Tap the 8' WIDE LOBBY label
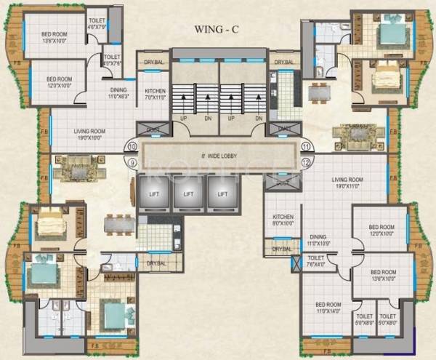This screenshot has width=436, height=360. tap(220, 156)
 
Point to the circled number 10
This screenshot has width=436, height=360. tap(132, 146)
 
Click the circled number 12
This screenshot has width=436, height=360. tap(307, 162)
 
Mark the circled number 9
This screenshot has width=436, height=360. tap(132, 162)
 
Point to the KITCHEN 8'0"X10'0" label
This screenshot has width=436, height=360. tap(283, 220)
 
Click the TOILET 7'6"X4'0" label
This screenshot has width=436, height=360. tap(316, 261)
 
